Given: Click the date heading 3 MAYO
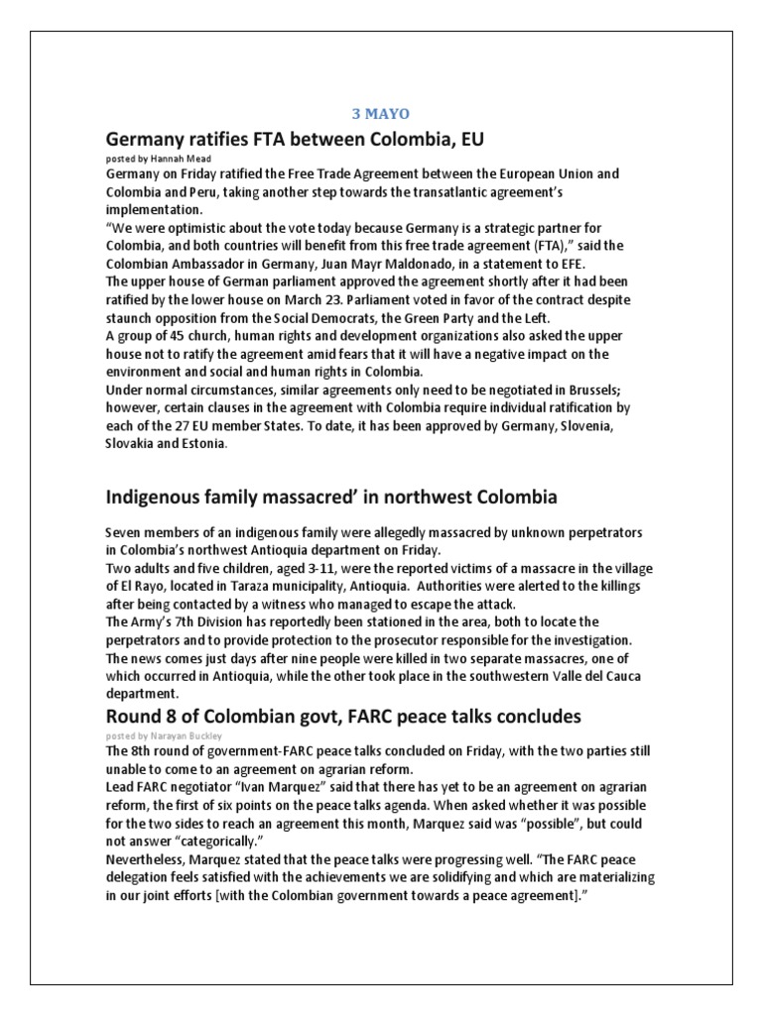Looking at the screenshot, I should (381, 114).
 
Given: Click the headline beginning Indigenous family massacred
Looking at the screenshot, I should (331, 496).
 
